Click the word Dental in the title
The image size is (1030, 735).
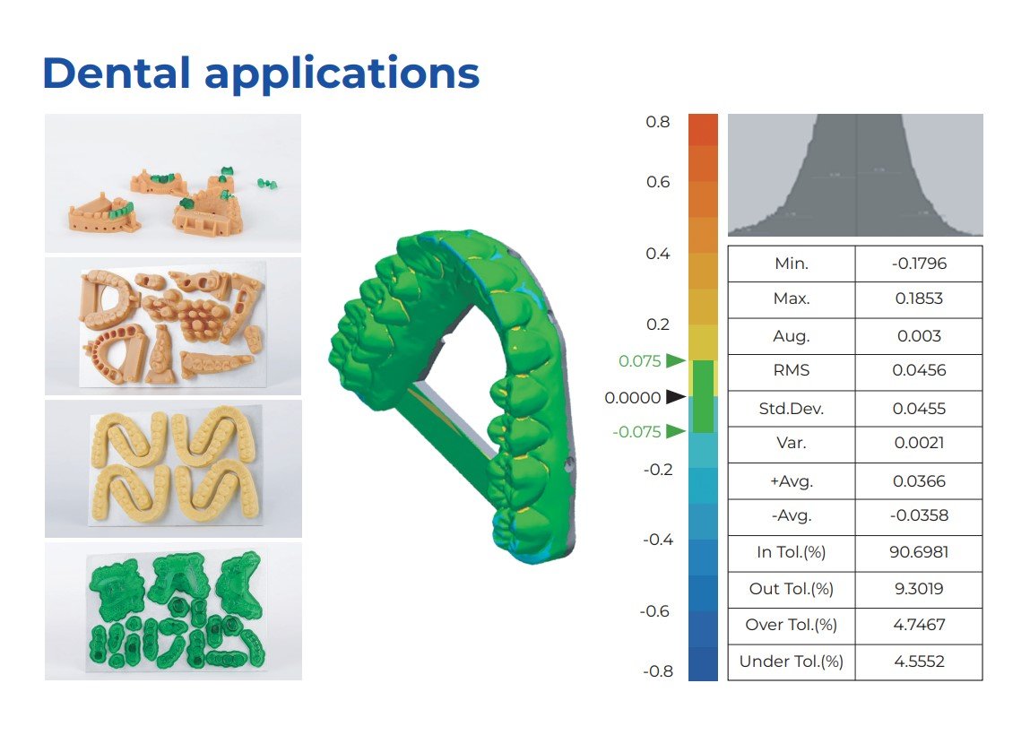tap(117, 73)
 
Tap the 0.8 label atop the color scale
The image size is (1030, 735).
tap(658, 122)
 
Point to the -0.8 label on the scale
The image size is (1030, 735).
tap(658, 671)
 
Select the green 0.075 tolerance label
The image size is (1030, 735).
tap(640, 361)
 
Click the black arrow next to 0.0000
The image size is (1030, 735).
tap(675, 397)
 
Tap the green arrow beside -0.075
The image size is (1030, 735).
tap(675, 431)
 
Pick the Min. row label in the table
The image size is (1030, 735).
tap(792, 264)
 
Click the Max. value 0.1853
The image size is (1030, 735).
tap(919, 298)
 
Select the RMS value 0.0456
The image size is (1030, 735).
tap(919, 370)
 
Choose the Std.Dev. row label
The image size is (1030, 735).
tap(791, 409)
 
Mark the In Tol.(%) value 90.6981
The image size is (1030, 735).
tap(919, 552)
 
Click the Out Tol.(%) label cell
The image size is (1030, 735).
tap(791, 589)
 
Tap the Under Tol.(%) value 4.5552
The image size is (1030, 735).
tap(919, 661)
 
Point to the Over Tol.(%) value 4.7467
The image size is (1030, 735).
tap(919, 624)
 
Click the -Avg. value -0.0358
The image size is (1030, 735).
tap(919, 515)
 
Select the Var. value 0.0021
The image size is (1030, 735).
tap(919, 443)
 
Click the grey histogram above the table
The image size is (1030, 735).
tap(855, 175)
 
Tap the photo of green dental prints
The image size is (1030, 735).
tap(173, 611)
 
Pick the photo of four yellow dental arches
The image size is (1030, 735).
tap(173, 468)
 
